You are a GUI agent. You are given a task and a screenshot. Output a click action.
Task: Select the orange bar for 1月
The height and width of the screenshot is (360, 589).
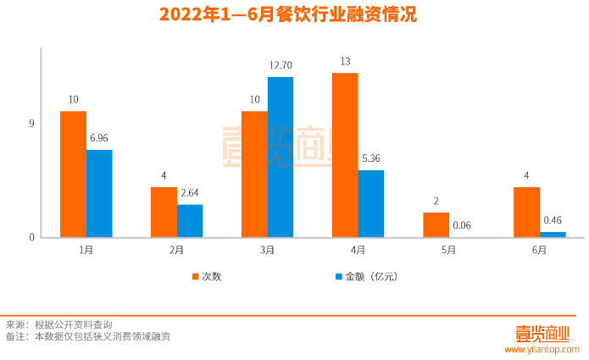(x=73, y=174)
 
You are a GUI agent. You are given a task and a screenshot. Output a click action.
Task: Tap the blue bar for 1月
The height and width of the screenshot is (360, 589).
(x=99, y=193)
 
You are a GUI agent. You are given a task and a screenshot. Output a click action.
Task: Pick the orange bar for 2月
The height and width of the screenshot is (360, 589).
(x=164, y=212)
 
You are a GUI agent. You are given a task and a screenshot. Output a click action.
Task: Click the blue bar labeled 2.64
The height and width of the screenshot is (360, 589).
(x=190, y=220)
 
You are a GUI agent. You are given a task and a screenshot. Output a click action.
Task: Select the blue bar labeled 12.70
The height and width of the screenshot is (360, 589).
(x=281, y=157)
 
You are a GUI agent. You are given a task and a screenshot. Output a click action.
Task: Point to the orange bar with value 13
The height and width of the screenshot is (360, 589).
(x=345, y=155)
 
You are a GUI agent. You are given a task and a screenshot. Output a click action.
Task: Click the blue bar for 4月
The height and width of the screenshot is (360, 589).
(x=371, y=203)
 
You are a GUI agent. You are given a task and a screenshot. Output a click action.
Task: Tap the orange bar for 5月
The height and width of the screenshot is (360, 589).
(x=436, y=224)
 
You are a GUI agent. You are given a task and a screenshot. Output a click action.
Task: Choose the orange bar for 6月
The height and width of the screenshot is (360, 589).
(x=526, y=212)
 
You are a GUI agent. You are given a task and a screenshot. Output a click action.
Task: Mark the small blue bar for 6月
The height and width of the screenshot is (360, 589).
(x=553, y=234)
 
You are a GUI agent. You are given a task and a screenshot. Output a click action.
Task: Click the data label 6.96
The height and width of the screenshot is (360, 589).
(x=99, y=137)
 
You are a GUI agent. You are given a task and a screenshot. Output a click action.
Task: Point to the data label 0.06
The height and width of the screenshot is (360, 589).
(x=462, y=225)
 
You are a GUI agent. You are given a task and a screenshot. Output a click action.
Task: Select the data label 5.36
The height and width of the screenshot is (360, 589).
(x=371, y=158)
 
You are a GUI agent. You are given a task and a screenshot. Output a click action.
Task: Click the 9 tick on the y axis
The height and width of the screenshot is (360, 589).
(x=31, y=124)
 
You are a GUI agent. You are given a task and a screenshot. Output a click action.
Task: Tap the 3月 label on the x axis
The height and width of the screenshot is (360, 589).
(x=267, y=250)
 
